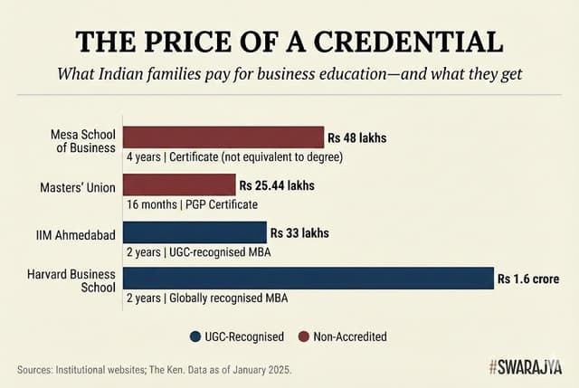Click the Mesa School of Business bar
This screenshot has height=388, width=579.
coord(223,137)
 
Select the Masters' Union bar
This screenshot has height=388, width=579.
coord(179,185)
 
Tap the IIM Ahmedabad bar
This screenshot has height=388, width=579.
coord(195,232)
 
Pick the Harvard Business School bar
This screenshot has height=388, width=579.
coord(308,279)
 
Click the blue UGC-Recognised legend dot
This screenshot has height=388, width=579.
coord(195,336)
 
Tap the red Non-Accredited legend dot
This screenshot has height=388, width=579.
coord(303,336)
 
